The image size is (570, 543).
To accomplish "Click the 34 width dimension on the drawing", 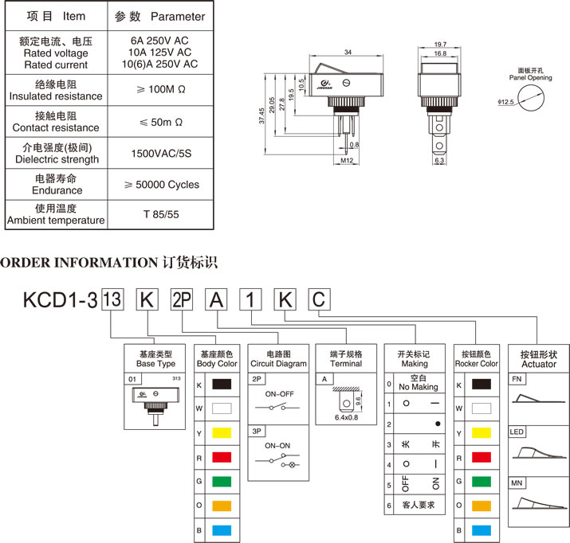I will [348, 52].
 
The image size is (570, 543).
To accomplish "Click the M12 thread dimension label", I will [347, 161].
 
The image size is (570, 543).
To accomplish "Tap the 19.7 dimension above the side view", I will [440, 45].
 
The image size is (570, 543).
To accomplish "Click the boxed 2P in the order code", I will [183, 300].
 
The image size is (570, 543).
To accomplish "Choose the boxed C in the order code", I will [318, 300].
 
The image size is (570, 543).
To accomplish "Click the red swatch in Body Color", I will [222, 459].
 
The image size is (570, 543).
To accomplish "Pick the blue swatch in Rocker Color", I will [481, 529].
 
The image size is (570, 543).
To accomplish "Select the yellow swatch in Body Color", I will [222, 434].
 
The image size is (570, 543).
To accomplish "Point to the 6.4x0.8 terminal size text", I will [345, 416].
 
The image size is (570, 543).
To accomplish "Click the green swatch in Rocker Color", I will [481, 482].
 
